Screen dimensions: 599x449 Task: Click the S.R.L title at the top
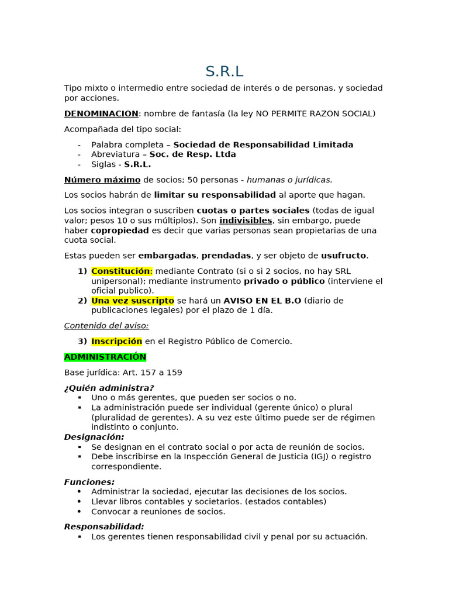(224, 71)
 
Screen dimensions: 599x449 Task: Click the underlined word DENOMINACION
(101, 113)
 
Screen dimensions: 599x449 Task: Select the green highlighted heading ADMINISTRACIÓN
(105, 357)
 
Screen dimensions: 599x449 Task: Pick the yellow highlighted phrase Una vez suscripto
(133, 301)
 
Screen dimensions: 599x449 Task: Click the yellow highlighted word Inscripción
(117, 341)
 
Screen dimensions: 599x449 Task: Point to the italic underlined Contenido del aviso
(106, 326)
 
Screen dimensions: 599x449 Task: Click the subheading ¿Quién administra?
(109, 388)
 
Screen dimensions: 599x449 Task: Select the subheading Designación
(94, 437)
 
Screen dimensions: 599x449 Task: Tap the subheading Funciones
(89, 482)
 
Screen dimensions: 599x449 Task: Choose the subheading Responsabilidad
(104, 526)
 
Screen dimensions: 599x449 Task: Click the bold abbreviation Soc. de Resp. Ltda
(193, 154)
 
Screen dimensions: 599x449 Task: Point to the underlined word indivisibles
(246, 221)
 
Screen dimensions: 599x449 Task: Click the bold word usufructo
(344, 256)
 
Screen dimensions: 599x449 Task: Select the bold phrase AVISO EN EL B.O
(263, 301)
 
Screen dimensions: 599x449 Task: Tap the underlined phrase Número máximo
(102, 180)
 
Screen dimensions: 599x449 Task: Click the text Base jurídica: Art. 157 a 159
(123, 373)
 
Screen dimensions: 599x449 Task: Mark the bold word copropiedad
(120, 230)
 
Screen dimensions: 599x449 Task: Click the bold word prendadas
(227, 256)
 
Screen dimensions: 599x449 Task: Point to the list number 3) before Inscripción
(82, 341)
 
